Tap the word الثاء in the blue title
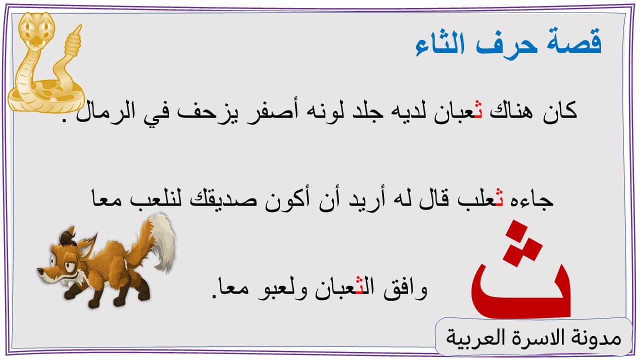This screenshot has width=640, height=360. pos(440,43)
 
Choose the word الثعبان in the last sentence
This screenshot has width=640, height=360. pos(344,288)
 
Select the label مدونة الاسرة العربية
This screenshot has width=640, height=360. pos(533,337)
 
